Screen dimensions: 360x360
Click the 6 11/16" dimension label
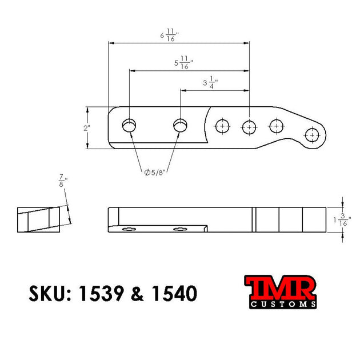tap(170, 36)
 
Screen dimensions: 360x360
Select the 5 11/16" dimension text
tap(183, 63)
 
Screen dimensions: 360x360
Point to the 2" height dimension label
tap(87, 128)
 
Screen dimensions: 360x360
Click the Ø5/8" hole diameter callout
tap(154, 172)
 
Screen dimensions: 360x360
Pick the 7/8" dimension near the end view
tap(62, 182)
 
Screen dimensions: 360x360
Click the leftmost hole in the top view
tap(129, 125)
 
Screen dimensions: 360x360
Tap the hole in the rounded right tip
tap(312, 135)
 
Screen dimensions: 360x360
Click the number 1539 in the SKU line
tap(102, 294)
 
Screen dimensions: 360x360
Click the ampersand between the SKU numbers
tap(137, 294)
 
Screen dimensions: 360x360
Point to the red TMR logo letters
tap(280, 288)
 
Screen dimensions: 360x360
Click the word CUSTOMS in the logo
tap(281, 305)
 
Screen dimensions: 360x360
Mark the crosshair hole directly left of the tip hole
tap(277, 126)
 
